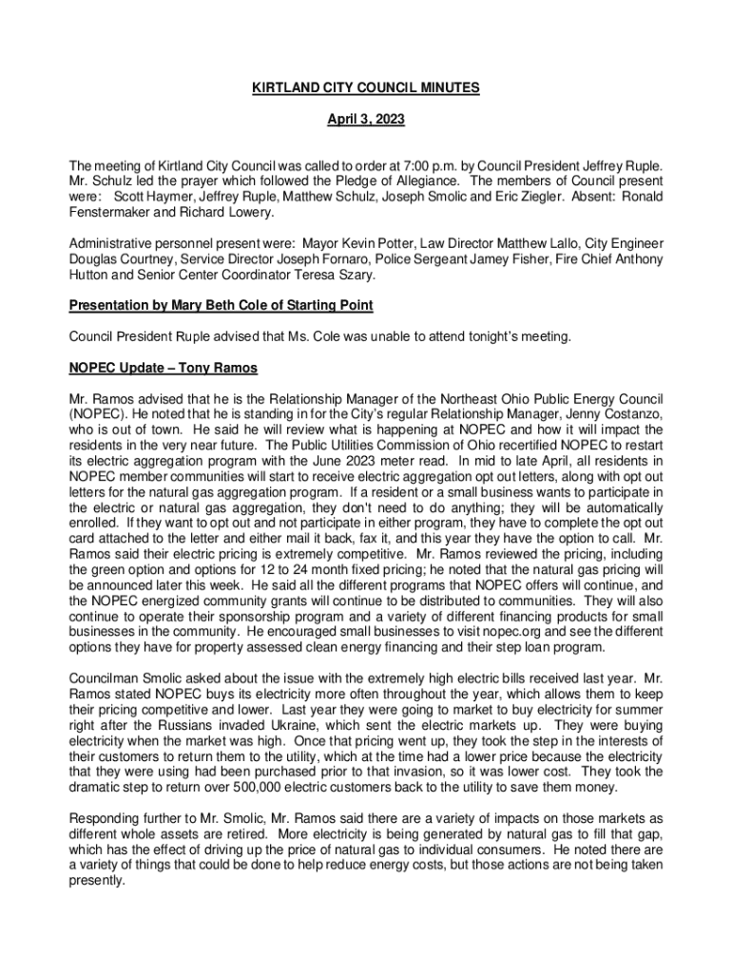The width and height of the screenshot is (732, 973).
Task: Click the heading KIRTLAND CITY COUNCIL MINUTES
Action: [365, 88]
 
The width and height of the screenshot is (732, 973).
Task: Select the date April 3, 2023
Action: [365, 121]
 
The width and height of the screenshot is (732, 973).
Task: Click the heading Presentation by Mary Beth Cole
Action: [221, 305]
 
